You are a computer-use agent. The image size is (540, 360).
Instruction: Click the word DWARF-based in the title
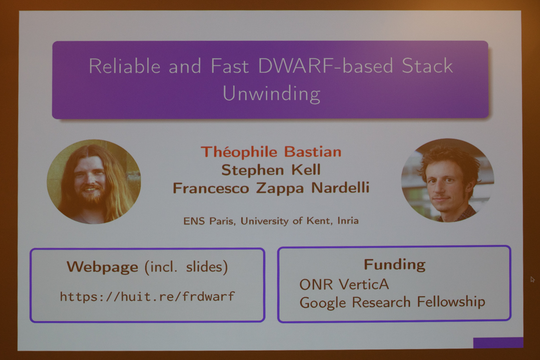click(x=325, y=66)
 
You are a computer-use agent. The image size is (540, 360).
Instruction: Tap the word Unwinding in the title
click(x=271, y=94)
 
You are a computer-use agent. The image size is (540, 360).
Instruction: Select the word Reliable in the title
click(x=125, y=66)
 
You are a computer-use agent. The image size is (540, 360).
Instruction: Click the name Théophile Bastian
click(x=271, y=152)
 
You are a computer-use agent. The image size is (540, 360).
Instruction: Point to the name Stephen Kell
click(x=271, y=170)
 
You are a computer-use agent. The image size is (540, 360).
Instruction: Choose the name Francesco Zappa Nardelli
click(x=271, y=188)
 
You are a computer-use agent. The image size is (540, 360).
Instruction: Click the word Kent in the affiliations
click(x=318, y=221)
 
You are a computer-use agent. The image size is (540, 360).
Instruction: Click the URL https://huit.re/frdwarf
click(x=147, y=297)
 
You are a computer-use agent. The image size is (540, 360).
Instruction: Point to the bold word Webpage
click(x=103, y=268)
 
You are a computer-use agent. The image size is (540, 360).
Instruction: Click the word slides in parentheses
click(x=204, y=267)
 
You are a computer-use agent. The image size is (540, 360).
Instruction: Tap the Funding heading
click(x=395, y=265)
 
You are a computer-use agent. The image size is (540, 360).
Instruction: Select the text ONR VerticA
click(x=344, y=284)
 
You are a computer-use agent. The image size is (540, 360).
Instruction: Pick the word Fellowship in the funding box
click(x=451, y=302)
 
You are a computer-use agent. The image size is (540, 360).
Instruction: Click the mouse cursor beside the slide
click(x=532, y=279)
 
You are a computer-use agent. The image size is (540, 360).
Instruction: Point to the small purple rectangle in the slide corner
click(x=498, y=342)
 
